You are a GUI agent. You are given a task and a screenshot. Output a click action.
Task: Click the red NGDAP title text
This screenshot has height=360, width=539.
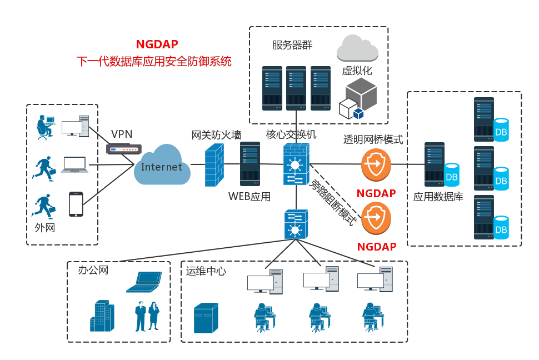(x=157, y=44)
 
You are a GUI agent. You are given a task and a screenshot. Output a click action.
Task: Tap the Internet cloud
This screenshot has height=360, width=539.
(x=161, y=166)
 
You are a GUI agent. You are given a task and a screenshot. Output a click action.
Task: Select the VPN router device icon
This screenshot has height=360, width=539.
(x=123, y=149)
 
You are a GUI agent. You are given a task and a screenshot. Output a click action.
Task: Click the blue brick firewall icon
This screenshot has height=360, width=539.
(x=214, y=164)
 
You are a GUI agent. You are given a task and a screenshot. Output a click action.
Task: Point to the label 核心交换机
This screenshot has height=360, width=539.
(x=291, y=134)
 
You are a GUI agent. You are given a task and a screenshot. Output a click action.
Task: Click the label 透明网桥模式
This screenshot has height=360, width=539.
(x=373, y=139)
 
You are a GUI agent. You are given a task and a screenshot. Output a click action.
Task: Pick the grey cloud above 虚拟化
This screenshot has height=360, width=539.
(x=357, y=48)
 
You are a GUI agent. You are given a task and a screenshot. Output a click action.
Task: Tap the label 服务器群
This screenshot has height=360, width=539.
(x=292, y=45)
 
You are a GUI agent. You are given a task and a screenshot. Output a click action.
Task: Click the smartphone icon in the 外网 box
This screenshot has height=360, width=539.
(x=76, y=204)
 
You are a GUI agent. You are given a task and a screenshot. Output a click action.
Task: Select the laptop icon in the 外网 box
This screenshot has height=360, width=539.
(x=74, y=164)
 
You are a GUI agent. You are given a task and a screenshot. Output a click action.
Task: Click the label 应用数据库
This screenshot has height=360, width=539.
(x=438, y=197)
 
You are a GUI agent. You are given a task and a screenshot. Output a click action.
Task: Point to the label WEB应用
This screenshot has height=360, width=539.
(x=249, y=196)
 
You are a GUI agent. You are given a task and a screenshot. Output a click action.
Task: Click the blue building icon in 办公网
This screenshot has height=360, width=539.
(x=102, y=316)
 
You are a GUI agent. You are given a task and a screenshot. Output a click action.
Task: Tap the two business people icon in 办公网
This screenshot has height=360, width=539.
(x=147, y=316)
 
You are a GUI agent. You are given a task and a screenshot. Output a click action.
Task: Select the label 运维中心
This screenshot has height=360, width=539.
(x=206, y=271)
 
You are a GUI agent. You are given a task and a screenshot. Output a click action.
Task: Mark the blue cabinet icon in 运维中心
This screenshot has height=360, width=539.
(x=206, y=318)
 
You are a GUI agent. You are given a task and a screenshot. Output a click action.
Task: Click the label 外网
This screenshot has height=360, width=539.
(x=45, y=227)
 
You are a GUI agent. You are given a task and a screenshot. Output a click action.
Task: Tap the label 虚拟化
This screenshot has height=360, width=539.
(x=357, y=71)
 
